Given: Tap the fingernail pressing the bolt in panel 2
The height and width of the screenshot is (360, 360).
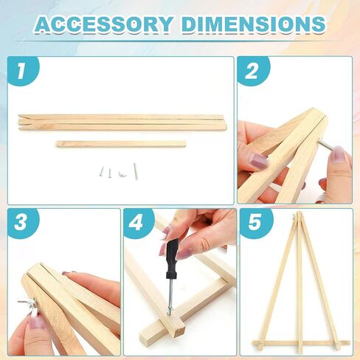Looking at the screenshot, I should tap(337, 153).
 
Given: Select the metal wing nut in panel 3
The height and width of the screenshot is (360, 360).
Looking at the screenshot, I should tap(25, 303).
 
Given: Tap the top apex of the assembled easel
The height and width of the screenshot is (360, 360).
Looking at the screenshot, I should tap(298, 215).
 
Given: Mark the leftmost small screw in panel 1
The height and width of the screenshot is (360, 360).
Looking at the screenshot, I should tap(102, 172).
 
